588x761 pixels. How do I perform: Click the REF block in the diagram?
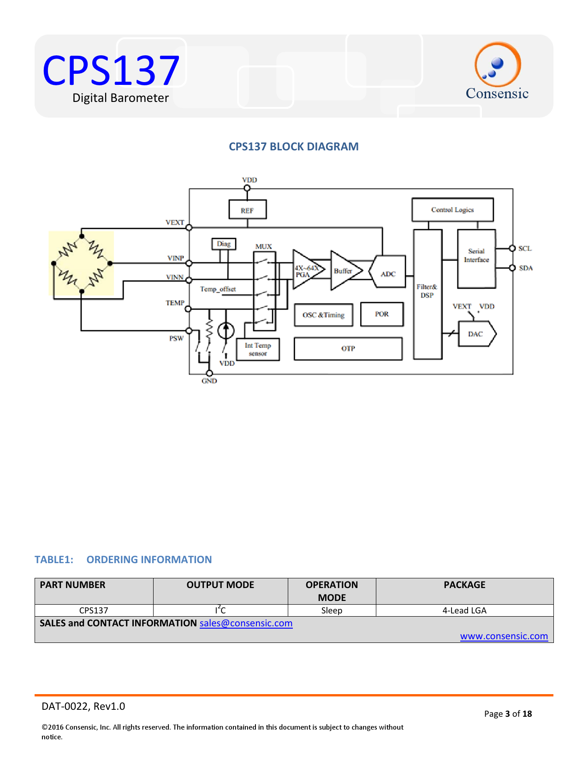pos(247,210)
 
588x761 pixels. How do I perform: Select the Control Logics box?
pos(452,210)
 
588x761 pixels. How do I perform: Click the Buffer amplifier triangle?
pos(344,271)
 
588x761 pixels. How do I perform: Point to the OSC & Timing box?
pos(323,315)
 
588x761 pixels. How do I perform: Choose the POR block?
pos(382,314)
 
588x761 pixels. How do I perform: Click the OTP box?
pos(348,349)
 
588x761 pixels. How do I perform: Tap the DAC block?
pos(476,334)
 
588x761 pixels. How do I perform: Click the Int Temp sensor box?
pos(258,349)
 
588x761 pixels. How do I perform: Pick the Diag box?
pos(224,244)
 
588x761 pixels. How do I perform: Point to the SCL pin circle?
pos(512,248)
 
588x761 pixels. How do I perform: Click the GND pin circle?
pos(209,373)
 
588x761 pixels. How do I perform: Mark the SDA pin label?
pos(526,268)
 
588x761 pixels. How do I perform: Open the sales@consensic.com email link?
pos(246,623)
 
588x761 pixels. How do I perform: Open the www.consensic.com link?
pos(504,636)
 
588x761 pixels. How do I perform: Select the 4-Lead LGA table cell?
pos(464,610)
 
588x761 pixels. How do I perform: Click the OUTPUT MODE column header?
pos(220,585)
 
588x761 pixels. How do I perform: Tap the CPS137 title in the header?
pos(111,71)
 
